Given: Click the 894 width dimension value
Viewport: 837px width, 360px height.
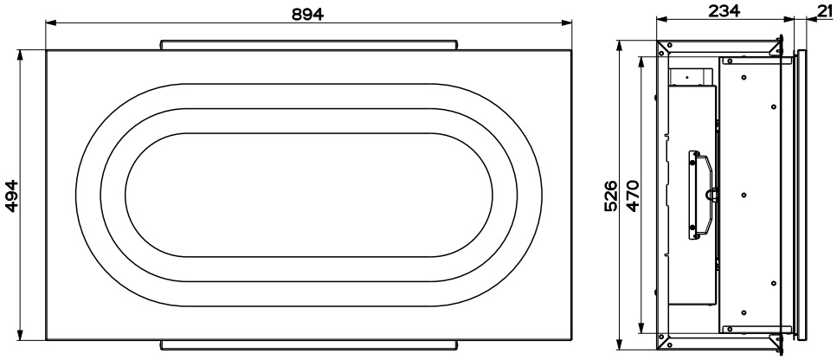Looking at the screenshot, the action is (307, 15).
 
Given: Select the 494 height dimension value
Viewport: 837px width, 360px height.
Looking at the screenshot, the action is (12, 196).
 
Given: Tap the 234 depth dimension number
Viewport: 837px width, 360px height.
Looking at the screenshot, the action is (724, 10).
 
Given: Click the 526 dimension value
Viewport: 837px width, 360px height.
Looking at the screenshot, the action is (611, 196).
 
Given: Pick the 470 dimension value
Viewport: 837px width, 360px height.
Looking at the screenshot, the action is (632, 196).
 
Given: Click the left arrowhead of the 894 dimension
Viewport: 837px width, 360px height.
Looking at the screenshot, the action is (51, 22).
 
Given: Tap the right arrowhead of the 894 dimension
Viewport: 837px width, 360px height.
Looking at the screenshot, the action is (566, 22).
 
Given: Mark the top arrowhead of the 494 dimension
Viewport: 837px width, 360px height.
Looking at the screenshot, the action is (21, 55).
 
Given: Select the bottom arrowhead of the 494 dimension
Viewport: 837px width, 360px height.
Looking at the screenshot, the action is (21, 334).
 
